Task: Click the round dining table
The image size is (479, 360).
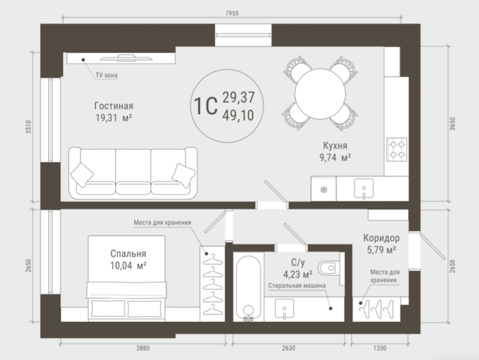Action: [320, 94]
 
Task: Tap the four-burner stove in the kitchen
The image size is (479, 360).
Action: [397, 150]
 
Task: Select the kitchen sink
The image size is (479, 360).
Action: [364, 189]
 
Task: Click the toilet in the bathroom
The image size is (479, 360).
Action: [329, 268]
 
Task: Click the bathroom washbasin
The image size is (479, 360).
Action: [284, 309]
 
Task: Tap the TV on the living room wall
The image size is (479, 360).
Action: [126, 58]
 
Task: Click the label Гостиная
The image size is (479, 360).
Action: [114, 106]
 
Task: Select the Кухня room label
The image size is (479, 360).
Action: [335, 145]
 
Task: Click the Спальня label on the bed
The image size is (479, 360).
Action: [128, 253]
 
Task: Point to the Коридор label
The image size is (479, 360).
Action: [381, 238]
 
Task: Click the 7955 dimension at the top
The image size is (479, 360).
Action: [232, 13]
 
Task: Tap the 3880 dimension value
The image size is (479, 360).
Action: [143, 348]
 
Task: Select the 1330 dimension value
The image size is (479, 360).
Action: [379, 348]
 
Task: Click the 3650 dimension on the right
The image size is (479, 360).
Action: [452, 124]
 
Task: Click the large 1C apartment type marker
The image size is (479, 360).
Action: [206, 106]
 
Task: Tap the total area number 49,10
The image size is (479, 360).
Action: [238, 116]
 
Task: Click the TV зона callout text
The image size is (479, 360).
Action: [106, 75]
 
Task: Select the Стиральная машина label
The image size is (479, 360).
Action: [297, 285]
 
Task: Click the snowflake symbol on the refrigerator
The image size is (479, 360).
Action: [324, 190]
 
